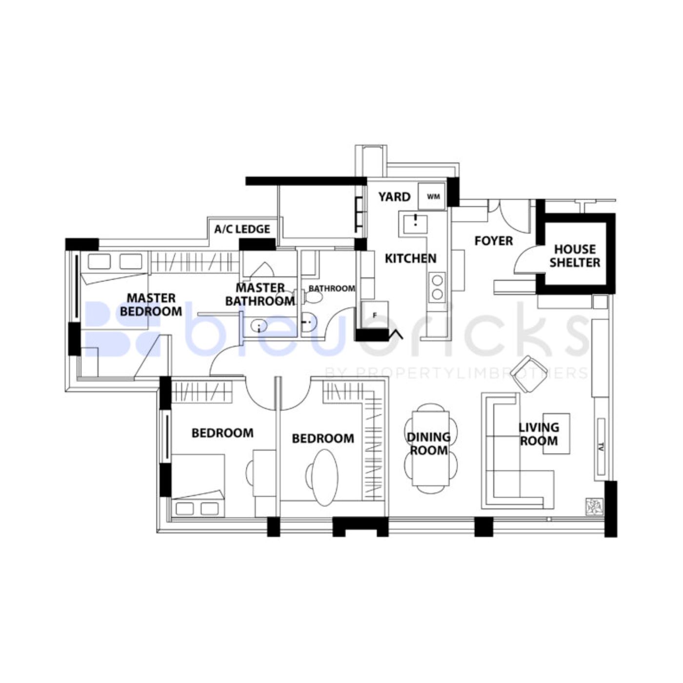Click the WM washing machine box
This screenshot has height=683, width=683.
pos(432,197)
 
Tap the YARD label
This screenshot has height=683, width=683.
pos(394,197)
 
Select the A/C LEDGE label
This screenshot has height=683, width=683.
pos(242,229)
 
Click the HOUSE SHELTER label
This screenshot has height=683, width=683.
pos(575,256)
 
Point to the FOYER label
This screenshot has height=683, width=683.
pos(494,241)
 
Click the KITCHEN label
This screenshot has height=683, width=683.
pos(410,258)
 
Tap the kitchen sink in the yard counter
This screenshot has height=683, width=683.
pos(415,223)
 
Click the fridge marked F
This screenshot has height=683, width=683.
pos(375,315)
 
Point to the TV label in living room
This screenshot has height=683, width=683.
pos(601,446)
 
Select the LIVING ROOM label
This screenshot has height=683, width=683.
pos(539,434)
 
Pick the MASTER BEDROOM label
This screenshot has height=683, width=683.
pos(151,304)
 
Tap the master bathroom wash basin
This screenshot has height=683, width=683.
pos(259,324)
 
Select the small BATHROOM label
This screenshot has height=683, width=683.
pos(332,288)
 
